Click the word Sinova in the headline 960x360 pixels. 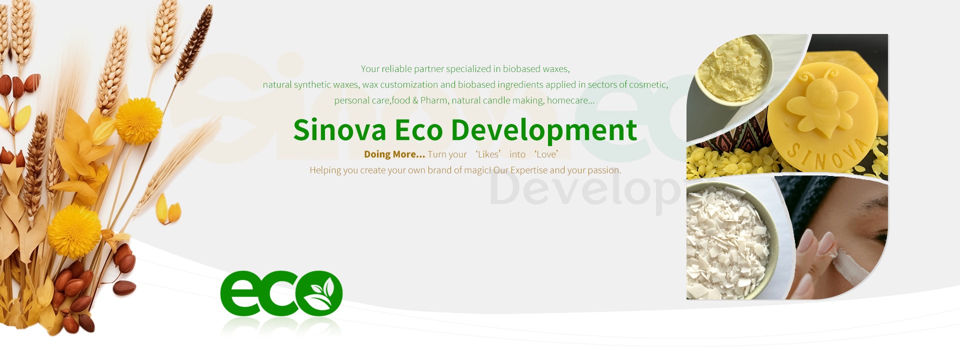click(x=339, y=130)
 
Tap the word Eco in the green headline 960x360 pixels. click(x=419, y=130)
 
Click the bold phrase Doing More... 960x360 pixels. click(x=394, y=154)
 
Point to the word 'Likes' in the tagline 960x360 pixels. click(x=488, y=154)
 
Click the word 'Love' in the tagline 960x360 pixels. click(x=546, y=154)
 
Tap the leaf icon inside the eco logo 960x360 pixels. click(x=318, y=293)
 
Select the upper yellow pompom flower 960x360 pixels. click(x=139, y=120)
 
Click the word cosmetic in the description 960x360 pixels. click(x=648, y=84)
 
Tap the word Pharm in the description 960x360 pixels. click(x=433, y=100)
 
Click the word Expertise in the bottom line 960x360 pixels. click(x=529, y=170)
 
